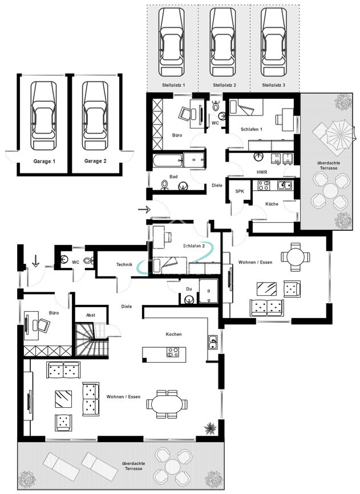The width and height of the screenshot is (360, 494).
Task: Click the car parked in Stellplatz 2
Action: pos(223,42)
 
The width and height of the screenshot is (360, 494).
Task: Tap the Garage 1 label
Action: pos(45,161)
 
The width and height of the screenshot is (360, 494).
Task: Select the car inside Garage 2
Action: pos(95,115)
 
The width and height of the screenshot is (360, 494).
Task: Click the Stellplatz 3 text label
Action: pos(273,85)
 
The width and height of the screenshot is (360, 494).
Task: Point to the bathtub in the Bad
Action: pos(167,160)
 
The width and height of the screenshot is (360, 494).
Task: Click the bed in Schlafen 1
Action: pos(246,107)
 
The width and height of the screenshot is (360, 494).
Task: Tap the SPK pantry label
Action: pos(240,191)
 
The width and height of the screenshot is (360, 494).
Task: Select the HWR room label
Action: pos(262,172)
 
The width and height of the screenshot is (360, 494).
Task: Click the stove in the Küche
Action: pos(264,185)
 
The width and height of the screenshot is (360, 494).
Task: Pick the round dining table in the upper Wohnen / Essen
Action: pos(295,257)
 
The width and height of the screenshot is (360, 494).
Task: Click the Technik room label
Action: pos(124,264)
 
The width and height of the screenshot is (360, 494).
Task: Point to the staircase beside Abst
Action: pos(92,339)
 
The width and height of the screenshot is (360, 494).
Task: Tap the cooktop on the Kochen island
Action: pos(173,352)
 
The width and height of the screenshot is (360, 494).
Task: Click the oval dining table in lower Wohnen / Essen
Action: pos(167,404)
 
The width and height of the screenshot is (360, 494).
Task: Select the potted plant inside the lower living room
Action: pos(210,428)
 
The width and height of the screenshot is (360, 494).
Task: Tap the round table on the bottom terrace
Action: pos(172,467)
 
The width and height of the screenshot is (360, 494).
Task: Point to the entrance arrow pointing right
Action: pos(144,209)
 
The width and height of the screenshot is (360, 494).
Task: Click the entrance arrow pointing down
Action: pos(35,261)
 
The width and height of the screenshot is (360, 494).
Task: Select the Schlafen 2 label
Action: pos(194,246)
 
